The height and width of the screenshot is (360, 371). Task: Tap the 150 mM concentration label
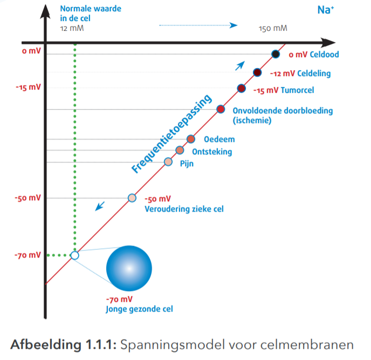click(x=273, y=28)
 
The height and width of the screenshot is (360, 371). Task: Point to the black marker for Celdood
click(x=275, y=54)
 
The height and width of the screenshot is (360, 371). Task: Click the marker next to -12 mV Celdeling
click(x=257, y=73)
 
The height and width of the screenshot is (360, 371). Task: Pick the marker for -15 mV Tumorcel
click(x=241, y=89)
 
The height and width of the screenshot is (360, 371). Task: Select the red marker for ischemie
click(x=221, y=110)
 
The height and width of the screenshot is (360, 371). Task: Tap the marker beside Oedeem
click(x=190, y=139)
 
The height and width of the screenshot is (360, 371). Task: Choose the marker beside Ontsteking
click(x=180, y=150)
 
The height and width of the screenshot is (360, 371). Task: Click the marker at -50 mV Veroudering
click(x=132, y=198)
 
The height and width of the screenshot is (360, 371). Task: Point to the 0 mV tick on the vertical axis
click(x=31, y=51)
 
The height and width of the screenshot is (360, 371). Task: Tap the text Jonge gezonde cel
click(x=139, y=309)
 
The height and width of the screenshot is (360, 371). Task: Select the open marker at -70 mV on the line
click(x=74, y=255)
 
